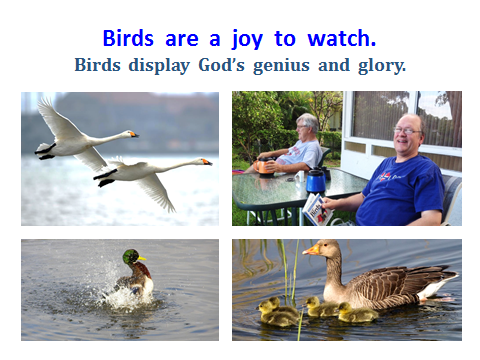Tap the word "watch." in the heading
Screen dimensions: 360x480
[x=340, y=39]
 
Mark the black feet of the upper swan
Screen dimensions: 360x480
[x=45, y=151]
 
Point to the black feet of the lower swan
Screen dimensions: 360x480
[x=104, y=178]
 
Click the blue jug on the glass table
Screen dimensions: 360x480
[x=316, y=180]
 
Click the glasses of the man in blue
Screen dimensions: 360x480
[x=407, y=130]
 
